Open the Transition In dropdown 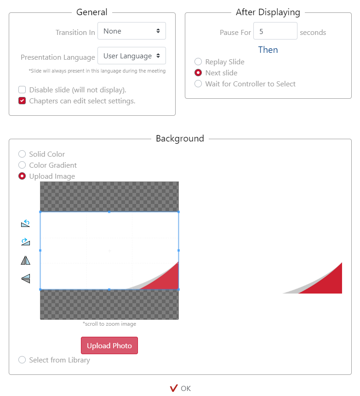[131, 31]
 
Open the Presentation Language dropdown [131, 56]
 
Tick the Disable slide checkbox [22, 90]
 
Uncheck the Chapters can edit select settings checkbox [22, 101]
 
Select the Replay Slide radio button [198, 62]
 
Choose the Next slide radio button [198, 73]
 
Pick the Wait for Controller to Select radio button [198, 84]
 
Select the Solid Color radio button [22, 154]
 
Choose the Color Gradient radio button [22, 165]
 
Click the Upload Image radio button [22, 176]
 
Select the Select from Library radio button [22, 360]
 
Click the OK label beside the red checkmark [186, 389]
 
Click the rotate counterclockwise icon [25, 223]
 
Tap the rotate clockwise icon [25, 242]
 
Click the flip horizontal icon [26, 260]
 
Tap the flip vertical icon [26, 278]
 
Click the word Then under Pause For [268, 50]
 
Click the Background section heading [180, 138]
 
